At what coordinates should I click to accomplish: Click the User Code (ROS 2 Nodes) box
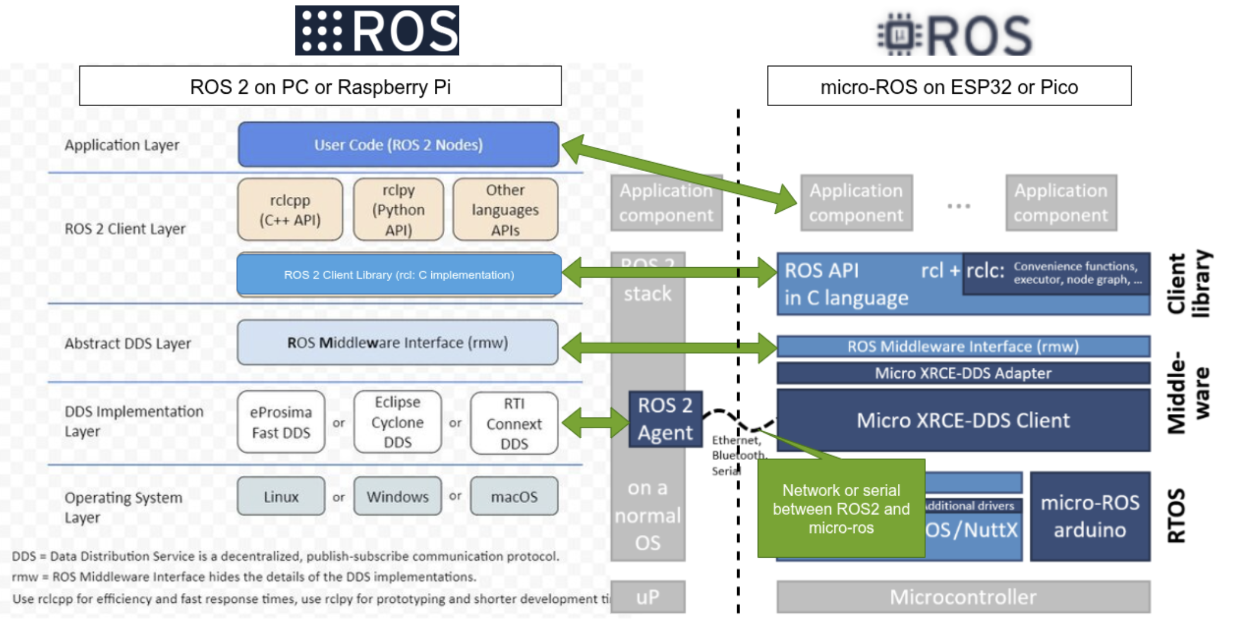[398, 145]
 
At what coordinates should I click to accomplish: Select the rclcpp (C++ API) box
[290, 210]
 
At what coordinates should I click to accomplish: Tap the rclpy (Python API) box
[398, 210]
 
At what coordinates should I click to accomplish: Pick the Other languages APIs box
[505, 210]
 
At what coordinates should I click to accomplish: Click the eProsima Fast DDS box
[281, 422]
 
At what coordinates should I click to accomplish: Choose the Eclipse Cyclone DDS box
[397, 422]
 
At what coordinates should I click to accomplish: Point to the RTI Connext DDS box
[514, 424]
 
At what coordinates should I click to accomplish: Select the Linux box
[281, 497]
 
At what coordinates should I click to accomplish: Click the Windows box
[397, 497]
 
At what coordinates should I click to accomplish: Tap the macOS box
[514, 497]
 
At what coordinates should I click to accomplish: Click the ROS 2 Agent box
[665, 419]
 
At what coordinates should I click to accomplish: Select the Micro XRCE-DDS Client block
[963, 421]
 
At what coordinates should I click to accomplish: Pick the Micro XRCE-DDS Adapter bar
[963, 373]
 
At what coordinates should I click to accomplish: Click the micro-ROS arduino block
[1090, 517]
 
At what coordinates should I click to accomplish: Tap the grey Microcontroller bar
[963, 597]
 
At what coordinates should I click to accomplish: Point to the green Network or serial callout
[841, 508]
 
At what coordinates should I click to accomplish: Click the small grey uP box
[648, 597]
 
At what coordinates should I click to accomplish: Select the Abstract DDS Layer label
[128, 343]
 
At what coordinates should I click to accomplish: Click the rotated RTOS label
[1177, 516]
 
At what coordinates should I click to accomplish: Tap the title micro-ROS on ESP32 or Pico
[949, 87]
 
